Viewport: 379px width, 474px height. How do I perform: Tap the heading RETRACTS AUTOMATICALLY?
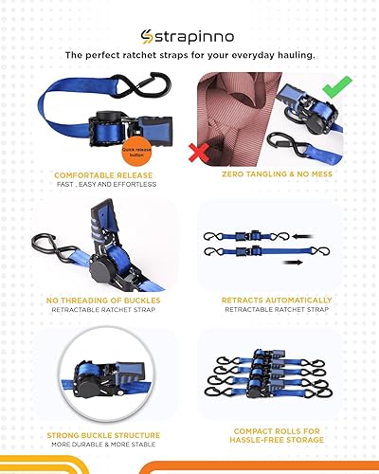277,301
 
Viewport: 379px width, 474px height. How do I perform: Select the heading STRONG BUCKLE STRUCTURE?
101,434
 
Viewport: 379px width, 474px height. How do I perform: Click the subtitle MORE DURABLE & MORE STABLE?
101,444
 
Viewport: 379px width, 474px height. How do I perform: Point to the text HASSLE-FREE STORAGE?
277,441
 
